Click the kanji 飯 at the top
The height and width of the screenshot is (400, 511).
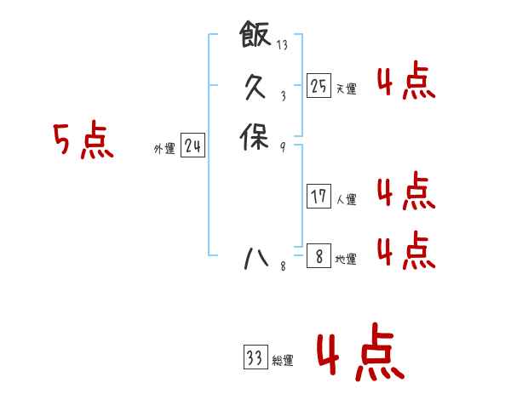pyautogui.click(x=255, y=35)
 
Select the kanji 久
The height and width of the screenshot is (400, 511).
pyautogui.click(x=255, y=86)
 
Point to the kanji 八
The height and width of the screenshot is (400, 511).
pyautogui.click(x=255, y=257)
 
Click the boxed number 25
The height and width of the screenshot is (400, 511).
pyautogui.click(x=319, y=86)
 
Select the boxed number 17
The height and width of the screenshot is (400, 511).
pyautogui.click(x=319, y=197)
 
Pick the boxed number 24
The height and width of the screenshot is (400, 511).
pyautogui.click(x=192, y=146)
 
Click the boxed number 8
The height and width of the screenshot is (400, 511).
pyautogui.click(x=319, y=256)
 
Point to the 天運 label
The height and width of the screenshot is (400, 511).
pyautogui.click(x=346, y=89)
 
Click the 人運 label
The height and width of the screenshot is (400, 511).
pyautogui.click(x=346, y=200)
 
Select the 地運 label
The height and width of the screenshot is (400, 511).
pyautogui.click(x=346, y=260)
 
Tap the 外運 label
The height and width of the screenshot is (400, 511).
pyautogui.click(x=164, y=149)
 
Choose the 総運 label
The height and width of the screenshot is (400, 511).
pyautogui.click(x=283, y=361)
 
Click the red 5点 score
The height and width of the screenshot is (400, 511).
pyautogui.click(x=83, y=141)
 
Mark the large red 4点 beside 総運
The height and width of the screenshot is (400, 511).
pyautogui.click(x=359, y=355)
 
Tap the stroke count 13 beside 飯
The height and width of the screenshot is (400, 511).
pyautogui.click(x=282, y=45)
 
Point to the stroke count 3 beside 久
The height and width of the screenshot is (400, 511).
pyautogui.click(x=282, y=96)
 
